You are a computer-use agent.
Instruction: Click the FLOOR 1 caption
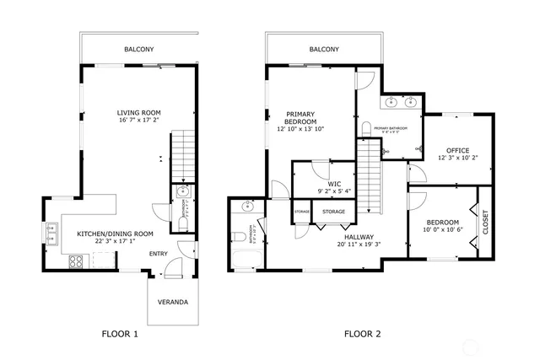coord(119,335)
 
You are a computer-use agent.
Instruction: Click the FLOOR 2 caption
coord(362,335)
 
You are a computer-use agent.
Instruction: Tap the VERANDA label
coord(173,303)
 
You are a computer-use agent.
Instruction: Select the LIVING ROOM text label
coord(138,112)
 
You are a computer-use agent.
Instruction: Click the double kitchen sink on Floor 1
coord(51,228)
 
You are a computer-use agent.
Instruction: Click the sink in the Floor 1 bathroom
coord(182,192)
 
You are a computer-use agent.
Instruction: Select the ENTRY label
coord(159,254)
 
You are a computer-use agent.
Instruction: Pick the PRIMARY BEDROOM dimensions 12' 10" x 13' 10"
coord(301,129)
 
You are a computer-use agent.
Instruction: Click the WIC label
coord(334,184)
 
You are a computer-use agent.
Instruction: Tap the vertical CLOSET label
coord(484,221)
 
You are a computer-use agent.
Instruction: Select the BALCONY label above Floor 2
coord(324,50)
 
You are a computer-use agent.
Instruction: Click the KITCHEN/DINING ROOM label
coord(115,234)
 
